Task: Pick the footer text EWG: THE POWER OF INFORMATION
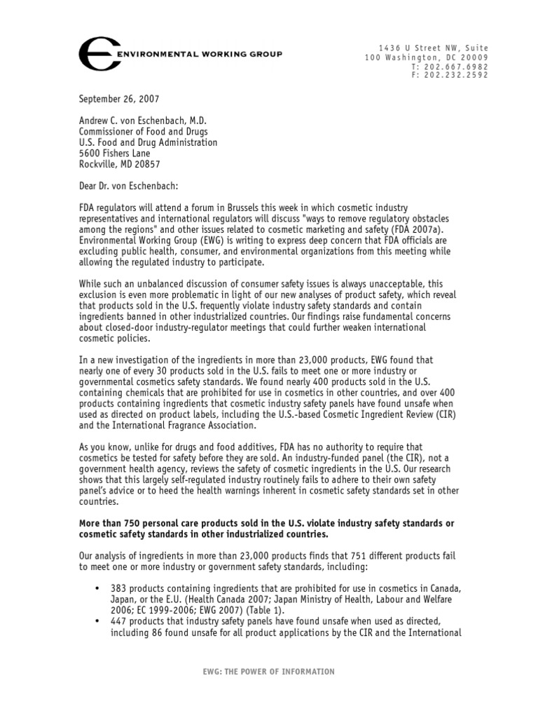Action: click(269, 672)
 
